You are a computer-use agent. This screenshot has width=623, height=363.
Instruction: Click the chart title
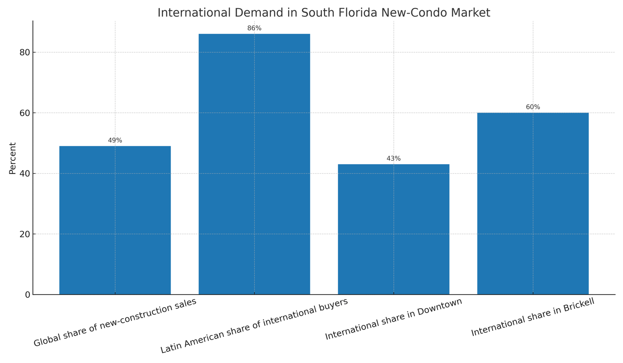coord(324,13)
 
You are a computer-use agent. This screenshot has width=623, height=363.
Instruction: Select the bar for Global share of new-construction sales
coord(115,220)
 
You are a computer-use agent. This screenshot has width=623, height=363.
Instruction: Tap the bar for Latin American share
coord(254,164)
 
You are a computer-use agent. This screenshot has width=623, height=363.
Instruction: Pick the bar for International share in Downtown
coord(393,229)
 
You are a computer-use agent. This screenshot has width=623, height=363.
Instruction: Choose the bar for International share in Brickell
coord(533,203)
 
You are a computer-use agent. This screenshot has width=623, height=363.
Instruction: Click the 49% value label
coord(115,140)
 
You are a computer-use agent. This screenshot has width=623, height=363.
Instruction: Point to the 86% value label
coord(254,28)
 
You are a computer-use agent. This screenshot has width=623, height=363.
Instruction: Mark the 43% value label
coord(393,159)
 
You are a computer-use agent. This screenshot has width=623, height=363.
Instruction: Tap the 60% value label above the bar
coord(533,107)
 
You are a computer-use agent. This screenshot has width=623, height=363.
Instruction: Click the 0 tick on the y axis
coord(27,295)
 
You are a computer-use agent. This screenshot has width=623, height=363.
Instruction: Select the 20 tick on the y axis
coord(25,234)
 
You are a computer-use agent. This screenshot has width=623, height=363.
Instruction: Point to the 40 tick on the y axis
coord(25,174)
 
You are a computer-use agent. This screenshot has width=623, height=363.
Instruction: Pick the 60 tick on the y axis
coord(25,113)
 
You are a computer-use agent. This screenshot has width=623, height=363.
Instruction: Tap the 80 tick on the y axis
coord(25,53)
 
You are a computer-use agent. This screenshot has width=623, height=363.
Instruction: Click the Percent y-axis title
coord(12,158)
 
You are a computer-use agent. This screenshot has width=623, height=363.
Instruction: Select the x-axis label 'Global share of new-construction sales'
coord(114,323)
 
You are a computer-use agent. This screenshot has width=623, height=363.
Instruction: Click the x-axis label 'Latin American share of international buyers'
coord(254,326)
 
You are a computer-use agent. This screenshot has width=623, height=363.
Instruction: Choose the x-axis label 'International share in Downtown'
coord(393,319)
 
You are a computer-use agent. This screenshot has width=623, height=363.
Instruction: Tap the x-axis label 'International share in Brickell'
coord(533,317)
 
